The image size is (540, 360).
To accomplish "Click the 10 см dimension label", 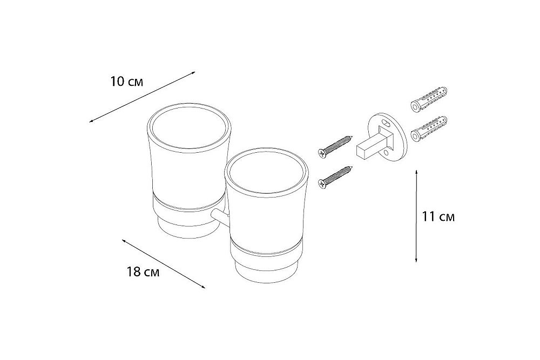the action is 126,82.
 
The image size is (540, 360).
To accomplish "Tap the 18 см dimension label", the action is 143,272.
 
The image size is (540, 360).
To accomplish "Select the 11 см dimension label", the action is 438,217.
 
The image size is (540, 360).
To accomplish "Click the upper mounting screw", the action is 335,146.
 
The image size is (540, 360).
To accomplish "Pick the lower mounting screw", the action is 335,176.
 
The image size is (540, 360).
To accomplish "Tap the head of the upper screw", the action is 322,153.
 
